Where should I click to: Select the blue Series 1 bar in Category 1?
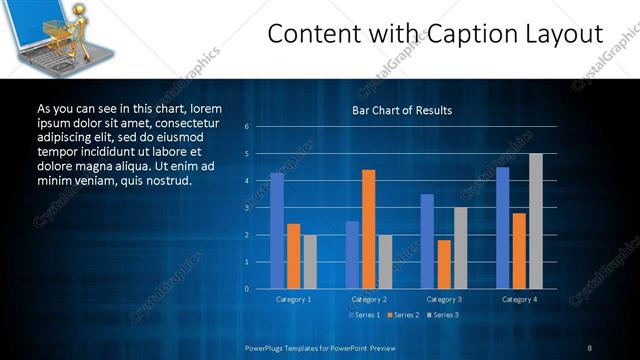(277, 231)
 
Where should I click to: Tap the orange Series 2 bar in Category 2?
(368, 229)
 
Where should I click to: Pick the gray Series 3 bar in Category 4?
(536, 221)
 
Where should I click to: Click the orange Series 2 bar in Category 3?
(444, 264)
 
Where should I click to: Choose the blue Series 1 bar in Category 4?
(503, 228)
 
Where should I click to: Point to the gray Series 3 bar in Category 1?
(310, 262)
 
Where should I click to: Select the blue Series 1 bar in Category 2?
(352, 255)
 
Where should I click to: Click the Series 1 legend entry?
(363, 315)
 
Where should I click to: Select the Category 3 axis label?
(443, 299)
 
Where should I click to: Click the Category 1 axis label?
(293, 299)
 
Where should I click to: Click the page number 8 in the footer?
(589, 347)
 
